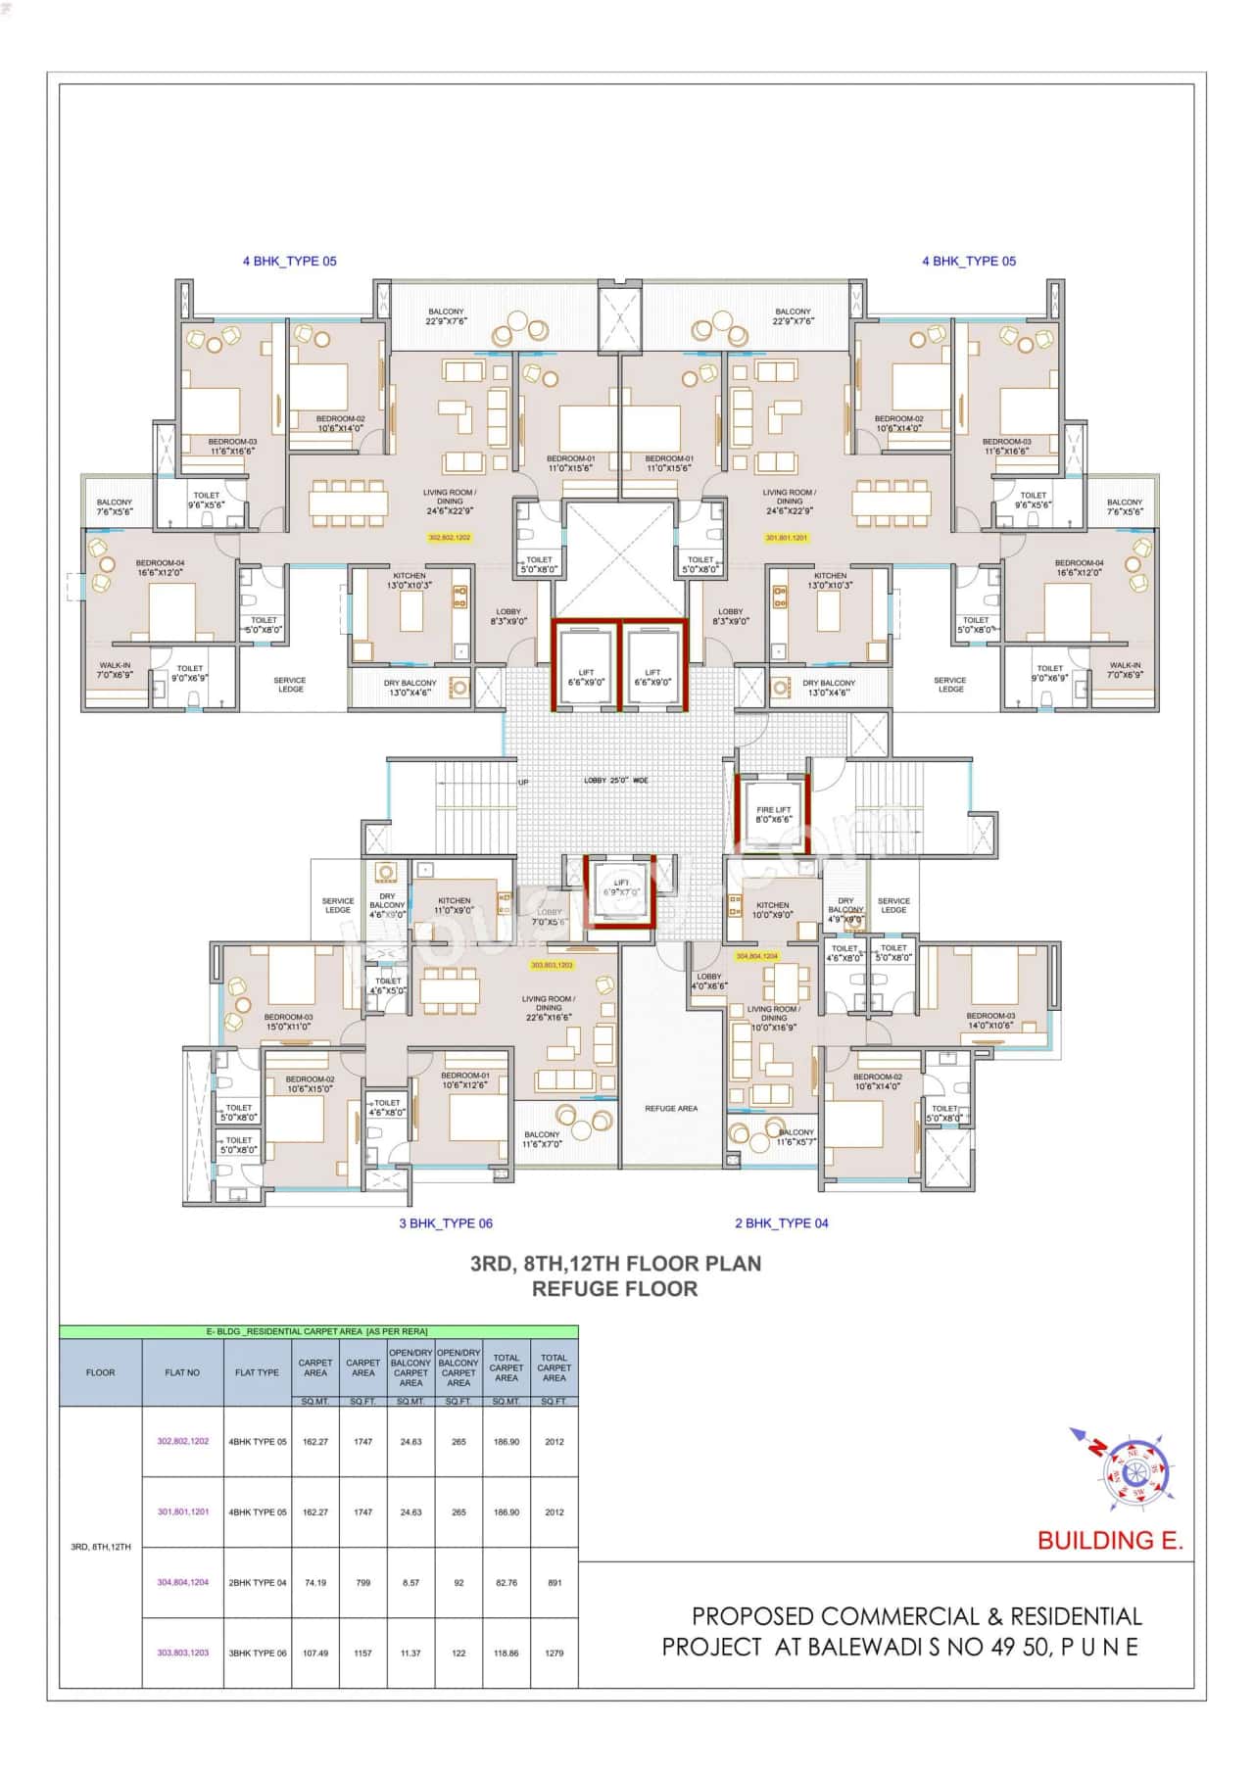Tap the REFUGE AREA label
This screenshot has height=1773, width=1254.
point(671,1108)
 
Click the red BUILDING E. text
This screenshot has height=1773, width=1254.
point(1110,1541)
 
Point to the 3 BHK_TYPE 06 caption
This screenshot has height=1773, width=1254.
point(445,1222)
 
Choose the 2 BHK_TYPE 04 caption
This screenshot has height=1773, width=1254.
point(781,1222)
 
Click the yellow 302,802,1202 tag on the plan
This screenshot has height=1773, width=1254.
point(450,538)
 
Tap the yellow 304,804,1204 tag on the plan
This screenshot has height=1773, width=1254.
point(756,955)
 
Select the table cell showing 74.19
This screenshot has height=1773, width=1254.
point(315,1583)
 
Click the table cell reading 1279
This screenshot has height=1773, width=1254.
point(554,1653)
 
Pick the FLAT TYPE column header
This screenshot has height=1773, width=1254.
point(257,1372)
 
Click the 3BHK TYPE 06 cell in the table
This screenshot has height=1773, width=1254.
point(258,1653)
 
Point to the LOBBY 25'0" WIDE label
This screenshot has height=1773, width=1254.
point(615,781)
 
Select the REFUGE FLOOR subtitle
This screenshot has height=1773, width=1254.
point(615,1289)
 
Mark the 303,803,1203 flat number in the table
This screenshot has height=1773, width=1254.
point(182,1653)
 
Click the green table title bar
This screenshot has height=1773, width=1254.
point(318,1332)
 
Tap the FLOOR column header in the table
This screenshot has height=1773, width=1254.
point(100,1372)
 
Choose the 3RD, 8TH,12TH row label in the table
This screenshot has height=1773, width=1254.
point(100,1547)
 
